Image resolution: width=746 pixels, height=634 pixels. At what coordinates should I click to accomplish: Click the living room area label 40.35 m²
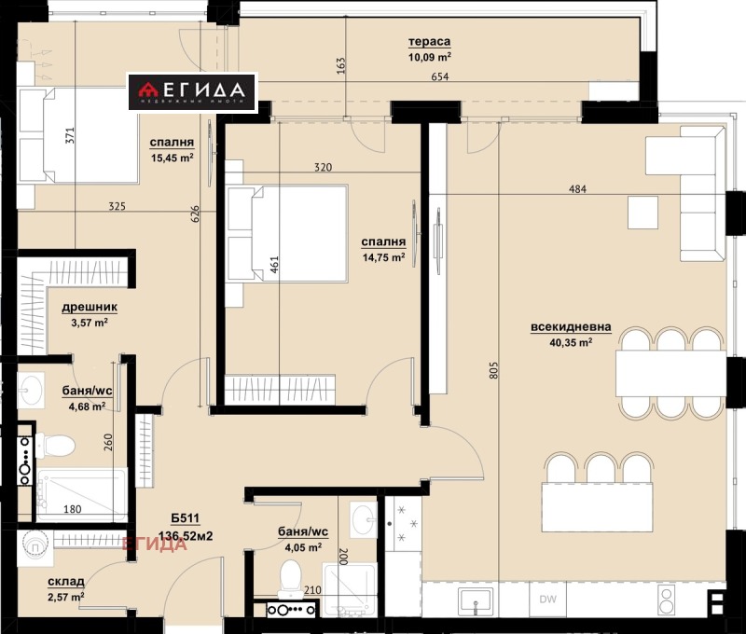pos(573,342)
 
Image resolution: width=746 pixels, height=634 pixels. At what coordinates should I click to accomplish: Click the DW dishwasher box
pos(546,600)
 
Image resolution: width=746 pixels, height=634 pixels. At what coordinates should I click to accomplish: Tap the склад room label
pos(66,581)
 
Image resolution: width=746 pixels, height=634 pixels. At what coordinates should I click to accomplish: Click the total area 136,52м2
pos(159,536)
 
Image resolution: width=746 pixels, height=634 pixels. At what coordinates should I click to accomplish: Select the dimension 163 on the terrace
pos(341,66)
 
